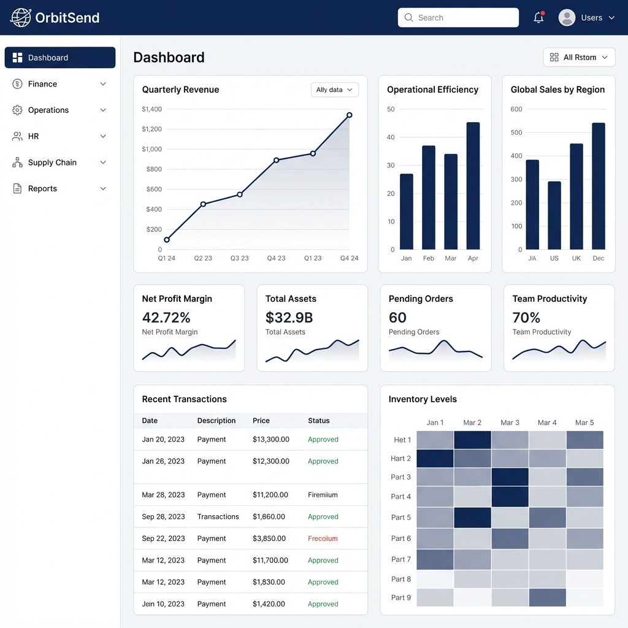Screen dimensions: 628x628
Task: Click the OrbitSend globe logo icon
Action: tap(21, 18)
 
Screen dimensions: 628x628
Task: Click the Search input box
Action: tap(458, 18)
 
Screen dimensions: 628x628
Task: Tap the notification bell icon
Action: tap(538, 18)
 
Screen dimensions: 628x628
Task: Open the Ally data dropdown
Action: tap(334, 90)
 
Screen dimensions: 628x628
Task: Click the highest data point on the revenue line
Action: tap(349, 115)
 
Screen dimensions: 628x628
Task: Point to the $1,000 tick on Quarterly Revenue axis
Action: tap(151, 149)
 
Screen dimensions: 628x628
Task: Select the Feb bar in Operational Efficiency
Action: tap(429, 197)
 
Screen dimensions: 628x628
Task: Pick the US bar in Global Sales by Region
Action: tap(554, 215)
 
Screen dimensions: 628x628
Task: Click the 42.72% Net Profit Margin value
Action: tap(166, 318)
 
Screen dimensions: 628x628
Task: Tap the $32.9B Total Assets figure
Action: tap(289, 318)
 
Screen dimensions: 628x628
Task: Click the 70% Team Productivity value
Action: tap(526, 318)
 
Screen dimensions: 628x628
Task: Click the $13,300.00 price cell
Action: tap(270, 440)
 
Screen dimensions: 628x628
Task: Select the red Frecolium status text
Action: tap(323, 538)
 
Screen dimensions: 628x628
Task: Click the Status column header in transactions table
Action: tap(318, 421)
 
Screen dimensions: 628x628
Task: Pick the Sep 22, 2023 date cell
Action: tap(163, 538)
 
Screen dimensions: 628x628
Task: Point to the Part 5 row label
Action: tap(401, 518)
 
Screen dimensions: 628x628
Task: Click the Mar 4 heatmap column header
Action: tap(547, 423)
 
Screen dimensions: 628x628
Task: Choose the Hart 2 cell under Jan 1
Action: tap(435, 459)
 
